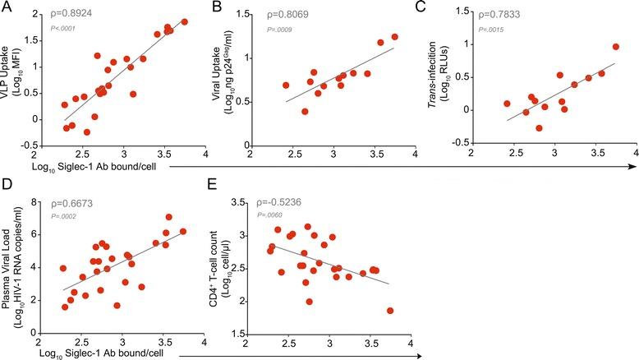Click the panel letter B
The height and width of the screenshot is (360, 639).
coord(216,7)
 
